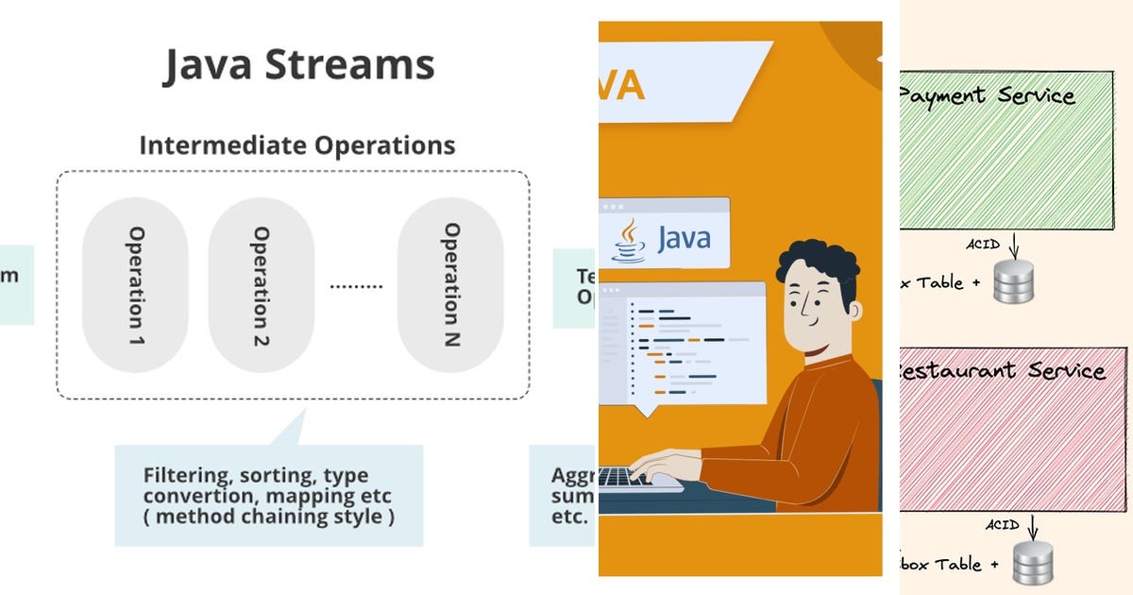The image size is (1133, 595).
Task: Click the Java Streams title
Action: (x=298, y=65)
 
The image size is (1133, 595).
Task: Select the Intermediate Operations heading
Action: (x=297, y=145)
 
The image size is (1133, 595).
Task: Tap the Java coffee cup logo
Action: (x=629, y=240)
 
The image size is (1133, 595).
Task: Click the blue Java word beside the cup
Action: (x=683, y=237)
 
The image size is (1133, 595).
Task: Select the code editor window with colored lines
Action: (x=683, y=344)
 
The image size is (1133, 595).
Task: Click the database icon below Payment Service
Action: (x=1013, y=281)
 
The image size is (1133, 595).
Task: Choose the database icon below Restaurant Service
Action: (x=1032, y=564)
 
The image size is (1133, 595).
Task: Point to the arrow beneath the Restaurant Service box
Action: (x=1034, y=525)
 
